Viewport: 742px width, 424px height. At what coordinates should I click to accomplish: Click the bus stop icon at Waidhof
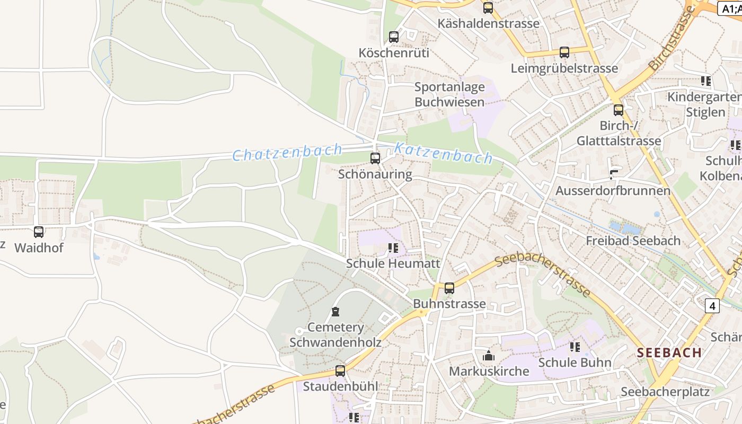click(39, 232)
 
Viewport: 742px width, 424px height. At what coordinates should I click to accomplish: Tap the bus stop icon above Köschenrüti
click(393, 37)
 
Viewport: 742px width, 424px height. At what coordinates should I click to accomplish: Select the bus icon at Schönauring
click(375, 158)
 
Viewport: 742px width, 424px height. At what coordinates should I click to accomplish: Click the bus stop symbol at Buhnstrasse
click(449, 288)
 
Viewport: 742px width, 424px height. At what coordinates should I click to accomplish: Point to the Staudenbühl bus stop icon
click(340, 370)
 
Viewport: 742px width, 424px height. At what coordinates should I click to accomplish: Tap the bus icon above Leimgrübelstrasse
click(564, 52)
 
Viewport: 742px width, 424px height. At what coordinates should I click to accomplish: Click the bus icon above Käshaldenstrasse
click(488, 7)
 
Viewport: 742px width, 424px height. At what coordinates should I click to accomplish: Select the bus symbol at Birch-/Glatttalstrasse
click(619, 110)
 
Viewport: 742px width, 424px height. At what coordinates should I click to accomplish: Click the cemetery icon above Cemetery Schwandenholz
click(335, 311)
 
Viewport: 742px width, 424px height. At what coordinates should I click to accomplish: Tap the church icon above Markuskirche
click(489, 355)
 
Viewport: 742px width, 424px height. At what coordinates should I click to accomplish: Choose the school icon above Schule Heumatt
click(393, 248)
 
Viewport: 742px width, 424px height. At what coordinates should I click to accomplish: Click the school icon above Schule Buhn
click(575, 347)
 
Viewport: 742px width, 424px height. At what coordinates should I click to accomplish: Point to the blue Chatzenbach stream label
click(287, 152)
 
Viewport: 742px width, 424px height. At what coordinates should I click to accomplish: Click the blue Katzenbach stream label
click(444, 153)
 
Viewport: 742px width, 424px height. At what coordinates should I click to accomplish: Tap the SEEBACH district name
click(669, 352)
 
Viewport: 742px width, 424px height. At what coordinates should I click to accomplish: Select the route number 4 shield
click(712, 306)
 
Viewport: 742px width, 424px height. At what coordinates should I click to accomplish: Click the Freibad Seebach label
click(633, 241)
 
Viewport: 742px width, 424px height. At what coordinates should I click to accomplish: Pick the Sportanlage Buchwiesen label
click(449, 94)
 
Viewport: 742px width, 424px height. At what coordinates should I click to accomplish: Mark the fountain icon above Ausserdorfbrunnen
click(614, 174)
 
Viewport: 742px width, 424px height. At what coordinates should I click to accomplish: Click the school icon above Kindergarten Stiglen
click(705, 81)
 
